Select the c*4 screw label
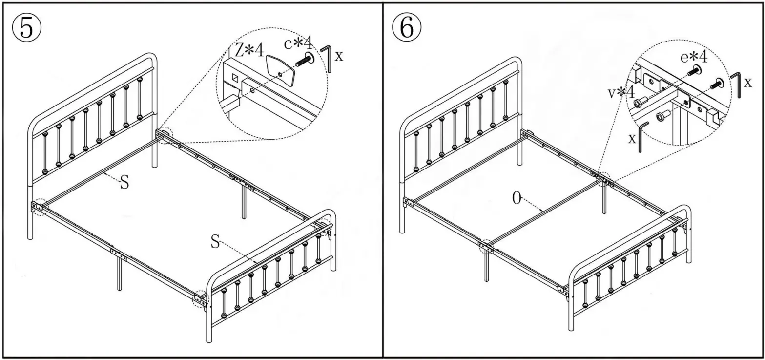point(298,43)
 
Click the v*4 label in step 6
point(620,92)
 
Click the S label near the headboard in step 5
point(125,182)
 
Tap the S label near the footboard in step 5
point(215,241)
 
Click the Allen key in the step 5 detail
point(327,58)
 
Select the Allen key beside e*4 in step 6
point(736,84)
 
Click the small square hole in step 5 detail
point(235,77)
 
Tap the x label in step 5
point(339,56)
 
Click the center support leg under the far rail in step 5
point(244,202)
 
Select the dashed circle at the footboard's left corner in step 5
point(200,298)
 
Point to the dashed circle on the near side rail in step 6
point(486,246)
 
